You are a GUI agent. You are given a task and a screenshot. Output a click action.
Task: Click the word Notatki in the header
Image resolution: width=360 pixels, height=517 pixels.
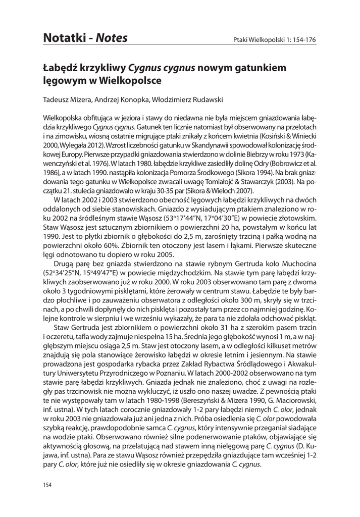click(x=65, y=38)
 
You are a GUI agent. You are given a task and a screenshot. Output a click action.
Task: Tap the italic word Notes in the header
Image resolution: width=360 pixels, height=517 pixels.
click(x=111, y=38)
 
